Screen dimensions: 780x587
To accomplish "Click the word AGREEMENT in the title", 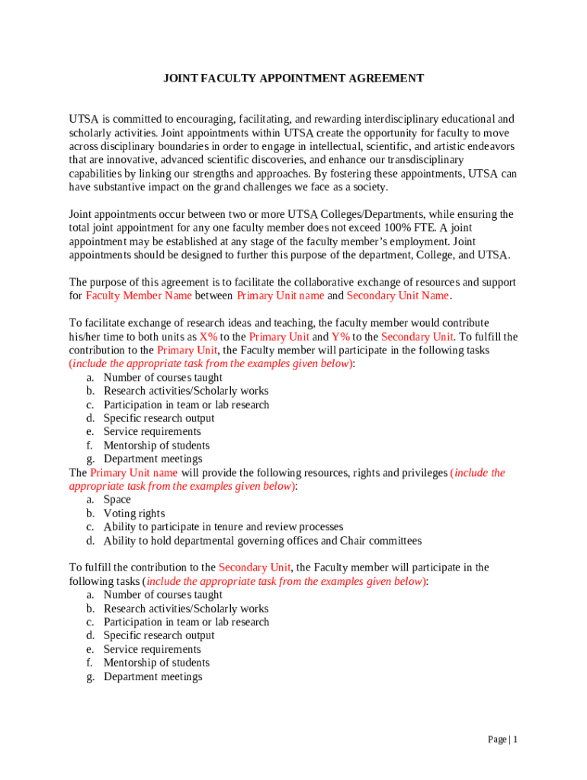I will coord(386,78).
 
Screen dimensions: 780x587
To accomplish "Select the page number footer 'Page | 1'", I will coord(503,740).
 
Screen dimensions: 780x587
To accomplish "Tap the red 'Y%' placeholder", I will coord(339,337).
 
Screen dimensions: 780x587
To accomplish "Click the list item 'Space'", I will coord(117,500).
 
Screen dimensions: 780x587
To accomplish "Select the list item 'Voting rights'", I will coord(134,513).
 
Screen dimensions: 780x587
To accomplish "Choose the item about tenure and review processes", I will coord(223,526).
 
